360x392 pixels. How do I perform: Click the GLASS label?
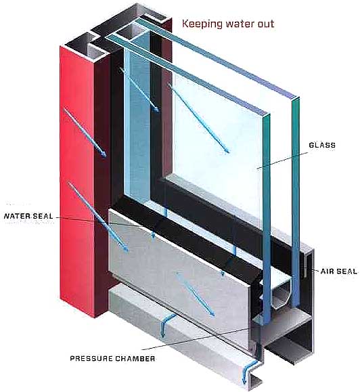(322, 145)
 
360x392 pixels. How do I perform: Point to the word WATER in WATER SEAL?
(17, 216)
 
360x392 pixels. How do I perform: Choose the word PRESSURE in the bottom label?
(91, 359)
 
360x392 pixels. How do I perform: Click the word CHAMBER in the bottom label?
(135, 359)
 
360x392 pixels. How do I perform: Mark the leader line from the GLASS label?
(282, 160)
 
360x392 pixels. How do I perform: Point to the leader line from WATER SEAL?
(99, 222)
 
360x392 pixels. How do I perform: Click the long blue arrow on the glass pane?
(199, 118)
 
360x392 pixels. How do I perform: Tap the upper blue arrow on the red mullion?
(85, 133)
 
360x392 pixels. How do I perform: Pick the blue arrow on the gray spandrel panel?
(196, 295)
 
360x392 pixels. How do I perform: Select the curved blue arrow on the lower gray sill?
(167, 325)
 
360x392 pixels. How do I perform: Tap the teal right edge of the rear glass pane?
(296, 202)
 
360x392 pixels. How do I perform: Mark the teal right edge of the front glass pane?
(267, 220)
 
